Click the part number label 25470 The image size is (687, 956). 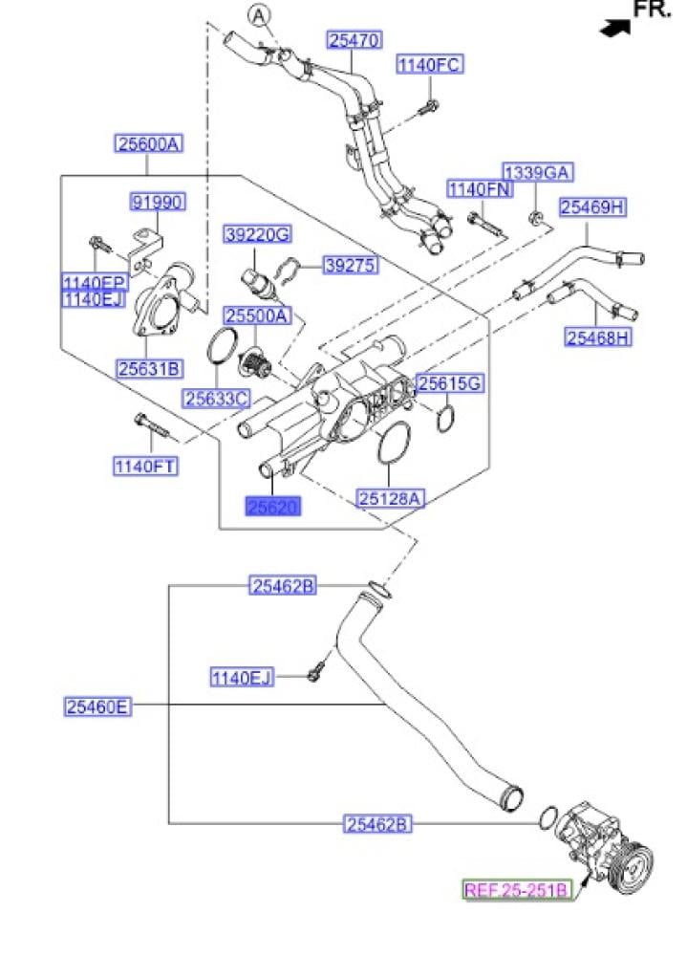(355, 40)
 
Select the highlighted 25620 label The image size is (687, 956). (273, 507)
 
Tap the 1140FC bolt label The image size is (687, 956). (430, 65)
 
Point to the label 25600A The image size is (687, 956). (148, 144)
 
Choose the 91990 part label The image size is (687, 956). (158, 202)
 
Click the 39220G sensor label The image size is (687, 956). (257, 234)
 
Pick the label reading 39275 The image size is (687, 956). (350, 265)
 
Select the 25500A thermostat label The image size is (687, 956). (256, 315)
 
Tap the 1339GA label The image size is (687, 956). (538, 172)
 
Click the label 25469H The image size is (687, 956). (592, 206)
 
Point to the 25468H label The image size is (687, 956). (598, 337)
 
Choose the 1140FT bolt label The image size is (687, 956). (150, 466)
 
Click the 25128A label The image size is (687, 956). (391, 497)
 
